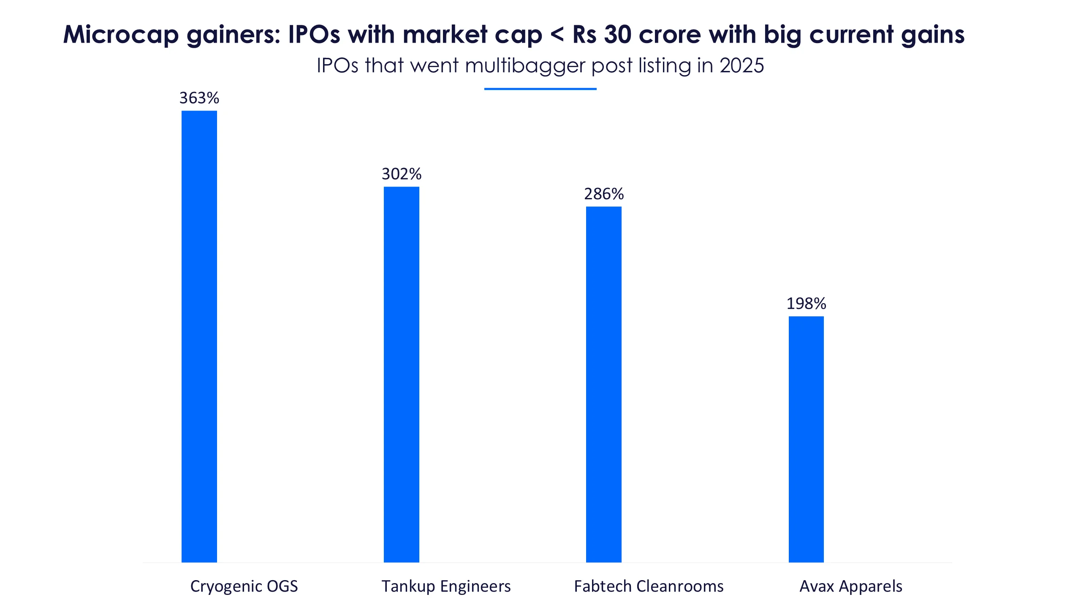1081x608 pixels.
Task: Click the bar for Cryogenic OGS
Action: pos(199,336)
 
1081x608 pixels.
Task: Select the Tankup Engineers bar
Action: pos(401,374)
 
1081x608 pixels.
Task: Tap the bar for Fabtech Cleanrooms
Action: pos(603,384)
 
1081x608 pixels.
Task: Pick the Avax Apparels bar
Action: pos(806,439)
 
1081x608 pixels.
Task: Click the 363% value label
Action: pos(199,98)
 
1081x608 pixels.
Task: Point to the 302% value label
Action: pos(401,174)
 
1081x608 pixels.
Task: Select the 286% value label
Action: pos(603,194)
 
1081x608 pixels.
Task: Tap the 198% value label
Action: pos(806,304)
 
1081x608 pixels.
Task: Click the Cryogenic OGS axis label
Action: pos(244,586)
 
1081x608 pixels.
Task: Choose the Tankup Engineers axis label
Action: pos(446,586)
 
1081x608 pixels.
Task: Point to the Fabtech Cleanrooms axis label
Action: pos(649,586)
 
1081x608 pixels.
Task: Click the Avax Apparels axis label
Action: pos(851,586)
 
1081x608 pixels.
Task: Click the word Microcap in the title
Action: pos(121,35)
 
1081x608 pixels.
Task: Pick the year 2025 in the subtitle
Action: pos(741,66)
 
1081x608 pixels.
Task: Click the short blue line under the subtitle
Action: pos(540,89)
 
